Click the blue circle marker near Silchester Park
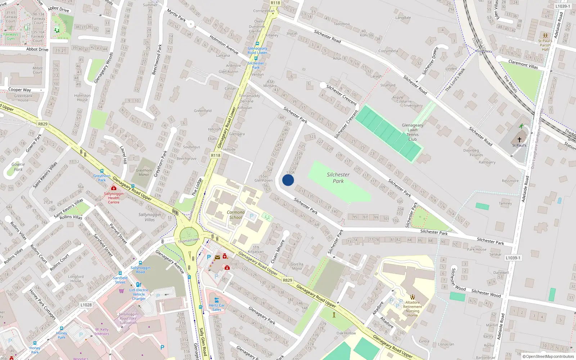point(288,180)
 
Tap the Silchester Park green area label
point(338,178)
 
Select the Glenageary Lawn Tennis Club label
point(413,132)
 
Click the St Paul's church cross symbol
point(519,140)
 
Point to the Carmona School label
point(236,215)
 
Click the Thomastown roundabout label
point(189,240)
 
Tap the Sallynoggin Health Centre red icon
point(114,188)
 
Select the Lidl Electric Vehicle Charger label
point(139,294)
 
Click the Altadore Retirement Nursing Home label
point(413,309)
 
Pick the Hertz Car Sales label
point(216,307)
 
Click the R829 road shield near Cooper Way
point(42,124)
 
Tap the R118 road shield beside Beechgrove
point(215,156)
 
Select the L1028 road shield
point(86,305)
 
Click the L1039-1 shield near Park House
point(512,258)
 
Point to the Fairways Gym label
point(10,36)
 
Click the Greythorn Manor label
point(144,172)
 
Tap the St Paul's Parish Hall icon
point(545,36)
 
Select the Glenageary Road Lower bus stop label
point(257,50)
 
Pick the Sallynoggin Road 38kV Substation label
point(128,318)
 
